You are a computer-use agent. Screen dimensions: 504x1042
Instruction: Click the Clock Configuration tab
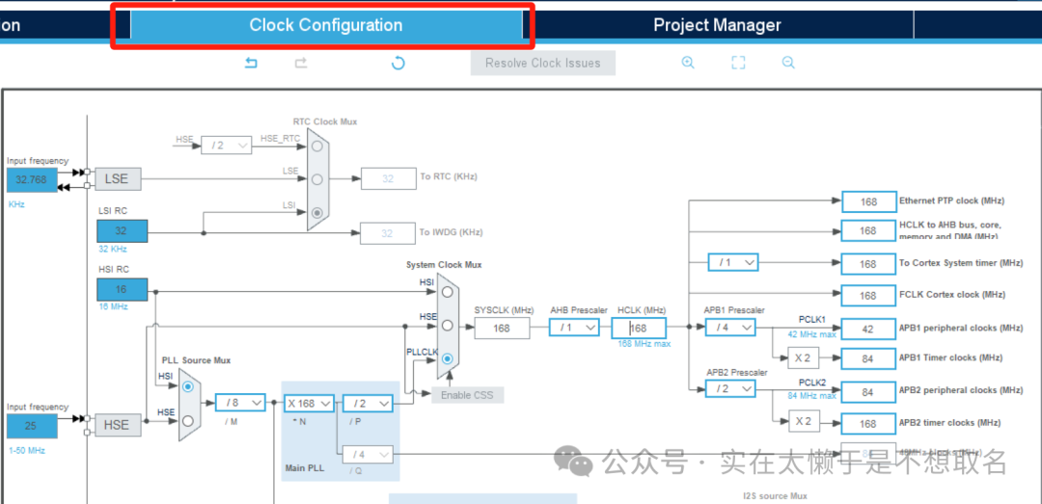coord(325,26)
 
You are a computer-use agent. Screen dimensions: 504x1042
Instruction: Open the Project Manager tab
coord(717,26)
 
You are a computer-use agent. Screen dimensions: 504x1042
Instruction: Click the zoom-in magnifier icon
coord(688,63)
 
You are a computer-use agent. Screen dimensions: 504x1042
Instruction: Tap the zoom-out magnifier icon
coord(788,63)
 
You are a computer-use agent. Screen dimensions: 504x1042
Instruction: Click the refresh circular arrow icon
coord(398,64)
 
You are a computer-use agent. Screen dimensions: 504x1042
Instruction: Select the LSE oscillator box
coord(118,178)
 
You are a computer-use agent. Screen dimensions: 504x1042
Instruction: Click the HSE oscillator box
coord(117,425)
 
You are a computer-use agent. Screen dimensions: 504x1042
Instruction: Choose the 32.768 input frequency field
coord(31,179)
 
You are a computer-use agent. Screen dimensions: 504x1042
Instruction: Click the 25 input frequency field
coord(31,425)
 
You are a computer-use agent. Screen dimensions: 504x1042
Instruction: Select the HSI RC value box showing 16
coord(122,289)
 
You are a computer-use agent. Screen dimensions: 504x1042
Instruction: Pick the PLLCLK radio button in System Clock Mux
coord(447,358)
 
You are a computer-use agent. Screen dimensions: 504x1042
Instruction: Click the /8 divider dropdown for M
coord(240,403)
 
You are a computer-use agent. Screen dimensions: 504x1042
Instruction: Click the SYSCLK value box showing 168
coord(502,328)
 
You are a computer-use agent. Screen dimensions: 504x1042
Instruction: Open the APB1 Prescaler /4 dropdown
coord(730,328)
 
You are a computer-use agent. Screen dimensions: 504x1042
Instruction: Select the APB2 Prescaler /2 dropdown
coord(730,388)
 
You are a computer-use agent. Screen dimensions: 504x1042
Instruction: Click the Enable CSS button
coord(467,395)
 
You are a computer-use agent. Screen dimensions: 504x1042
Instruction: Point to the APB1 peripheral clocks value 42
coord(868,329)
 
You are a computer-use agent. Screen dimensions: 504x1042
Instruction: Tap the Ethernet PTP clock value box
coord(868,201)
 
